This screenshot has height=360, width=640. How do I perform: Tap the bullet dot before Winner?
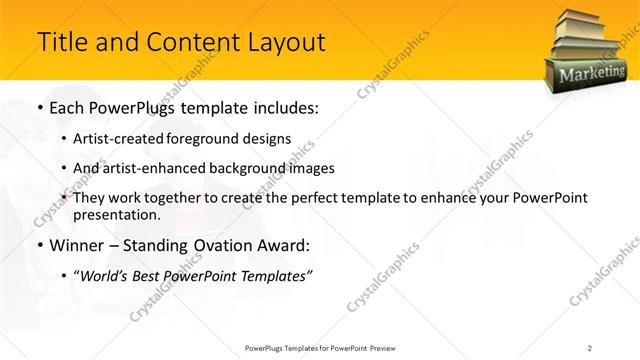39,246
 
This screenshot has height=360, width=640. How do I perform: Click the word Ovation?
225,246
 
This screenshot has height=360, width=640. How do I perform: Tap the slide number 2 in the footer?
589,347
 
